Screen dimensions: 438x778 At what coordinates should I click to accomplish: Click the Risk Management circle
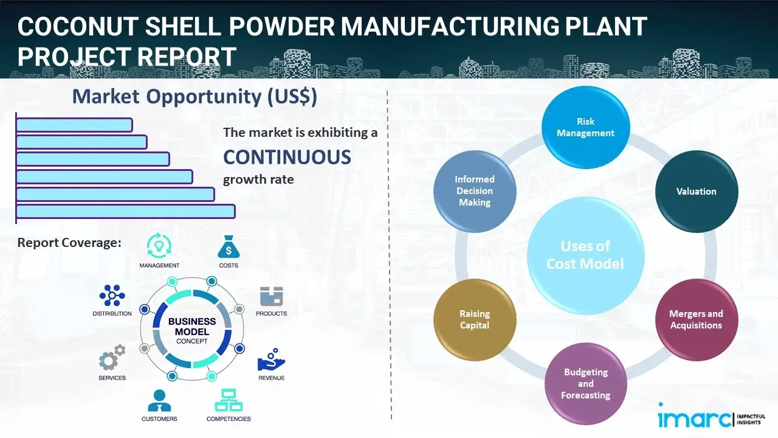(585, 127)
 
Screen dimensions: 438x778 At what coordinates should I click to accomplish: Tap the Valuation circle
(696, 192)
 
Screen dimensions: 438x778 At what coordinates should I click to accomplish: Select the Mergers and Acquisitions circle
(696, 319)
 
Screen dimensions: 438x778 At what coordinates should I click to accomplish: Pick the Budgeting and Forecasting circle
(585, 383)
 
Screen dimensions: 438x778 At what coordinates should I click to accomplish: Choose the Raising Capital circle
(475, 319)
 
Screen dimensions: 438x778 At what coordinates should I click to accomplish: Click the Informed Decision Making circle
(475, 191)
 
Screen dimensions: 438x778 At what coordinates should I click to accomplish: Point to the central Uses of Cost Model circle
(585, 255)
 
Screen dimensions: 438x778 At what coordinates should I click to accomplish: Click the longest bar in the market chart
(125, 211)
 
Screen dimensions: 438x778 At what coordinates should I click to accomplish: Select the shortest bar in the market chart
(74, 125)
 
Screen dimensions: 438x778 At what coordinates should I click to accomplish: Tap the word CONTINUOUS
(287, 157)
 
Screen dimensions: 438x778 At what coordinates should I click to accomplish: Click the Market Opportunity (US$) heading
(194, 97)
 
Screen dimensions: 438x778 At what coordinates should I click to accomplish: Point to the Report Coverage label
(69, 243)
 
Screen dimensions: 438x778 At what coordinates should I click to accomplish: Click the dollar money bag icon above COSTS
(229, 247)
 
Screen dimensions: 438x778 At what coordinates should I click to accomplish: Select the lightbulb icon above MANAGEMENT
(159, 246)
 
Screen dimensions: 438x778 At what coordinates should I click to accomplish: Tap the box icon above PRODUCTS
(271, 296)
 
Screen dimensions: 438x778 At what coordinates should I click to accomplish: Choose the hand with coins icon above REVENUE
(271, 360)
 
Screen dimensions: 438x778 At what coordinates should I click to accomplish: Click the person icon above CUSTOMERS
(159, 400)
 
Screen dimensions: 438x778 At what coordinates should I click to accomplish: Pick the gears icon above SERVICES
(112, 359)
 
